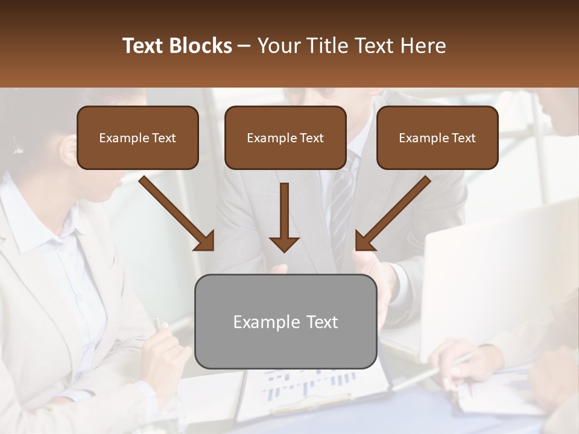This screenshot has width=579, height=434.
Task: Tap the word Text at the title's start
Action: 145,46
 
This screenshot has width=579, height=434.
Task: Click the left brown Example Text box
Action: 138,137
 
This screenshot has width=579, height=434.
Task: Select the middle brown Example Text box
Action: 285,137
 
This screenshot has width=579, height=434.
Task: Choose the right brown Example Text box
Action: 437,137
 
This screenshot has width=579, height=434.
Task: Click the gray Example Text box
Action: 285,321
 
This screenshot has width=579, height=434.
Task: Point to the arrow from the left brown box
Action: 175,211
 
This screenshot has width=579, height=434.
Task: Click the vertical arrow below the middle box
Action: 284,211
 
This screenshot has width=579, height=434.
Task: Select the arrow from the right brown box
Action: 395,211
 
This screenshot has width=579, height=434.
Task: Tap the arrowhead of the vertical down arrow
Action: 284,244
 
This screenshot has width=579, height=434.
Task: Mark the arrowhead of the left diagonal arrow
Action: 205,241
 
